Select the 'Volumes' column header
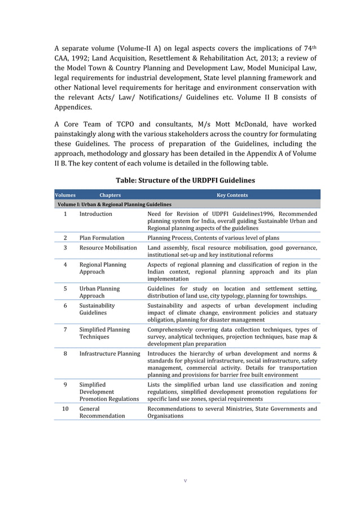(x=65, y=195)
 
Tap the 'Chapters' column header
(x=109, y=195)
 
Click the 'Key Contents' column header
(x=232, y=195)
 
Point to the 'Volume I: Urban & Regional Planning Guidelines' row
(x=113, y=204)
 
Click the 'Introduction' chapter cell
(x=95, y=214)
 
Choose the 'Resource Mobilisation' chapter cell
(x=108, y=247)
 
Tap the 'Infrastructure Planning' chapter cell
(x=109, y=354)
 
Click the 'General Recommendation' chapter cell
(x=102, y=412)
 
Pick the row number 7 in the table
(x=65, y=329)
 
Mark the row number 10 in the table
(x=65, y=408)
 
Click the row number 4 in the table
(x=65, y=264)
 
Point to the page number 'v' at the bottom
(x=185, y=481)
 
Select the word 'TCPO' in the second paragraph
(x=125, y=124)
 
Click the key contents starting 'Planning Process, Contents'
(x=213, y=238)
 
